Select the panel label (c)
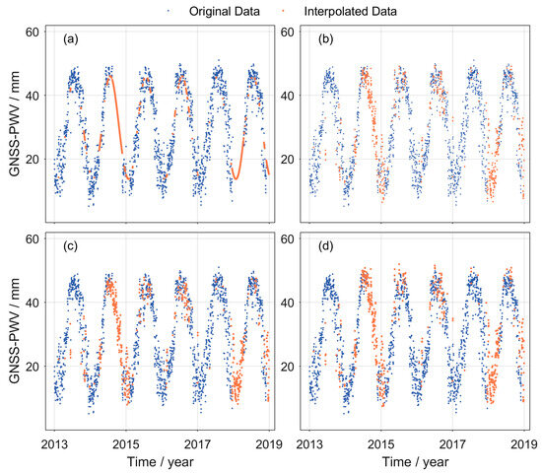71,246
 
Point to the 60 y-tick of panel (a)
33,34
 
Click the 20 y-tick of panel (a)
33,160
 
